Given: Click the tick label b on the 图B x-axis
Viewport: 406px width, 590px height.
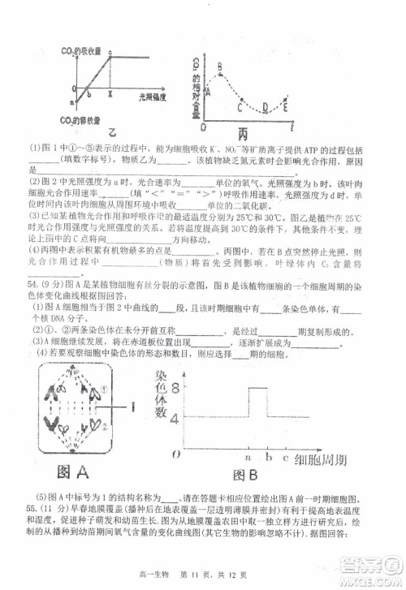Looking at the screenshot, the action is pos(267,454).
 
